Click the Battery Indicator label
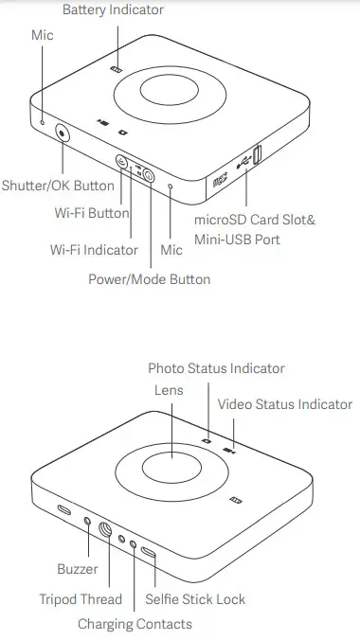[113, 9]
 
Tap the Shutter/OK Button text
[58, 186]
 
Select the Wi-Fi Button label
[91, 213]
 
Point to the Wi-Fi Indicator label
[94, 250]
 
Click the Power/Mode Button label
[149, 279]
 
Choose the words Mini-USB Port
[237, 239]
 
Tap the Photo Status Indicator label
[216, 368]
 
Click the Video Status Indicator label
[284, 404]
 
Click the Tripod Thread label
[81, 599]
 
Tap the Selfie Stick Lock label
[195, 599]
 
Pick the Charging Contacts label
[135, 624]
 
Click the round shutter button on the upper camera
[63, 133]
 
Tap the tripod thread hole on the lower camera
[106, 531]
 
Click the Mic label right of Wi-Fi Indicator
[171, 250]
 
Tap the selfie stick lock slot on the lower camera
[149, 552]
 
